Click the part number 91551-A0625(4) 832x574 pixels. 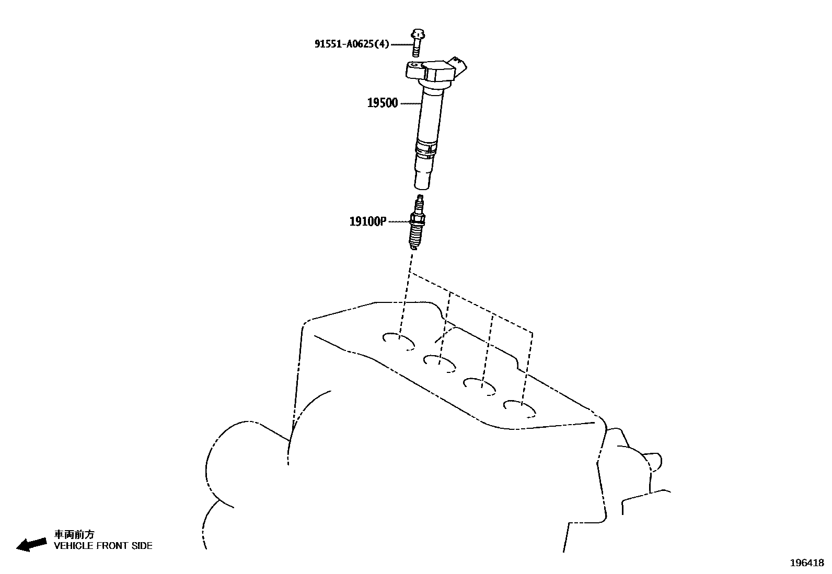[x=352, y=44]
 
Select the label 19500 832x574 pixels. [x=382, y=103]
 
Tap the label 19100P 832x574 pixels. [x=367, y=221]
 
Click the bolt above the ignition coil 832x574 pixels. [x=417, y=42]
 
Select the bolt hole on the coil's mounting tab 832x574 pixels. [x=414, y=66]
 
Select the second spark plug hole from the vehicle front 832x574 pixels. [x=439, y=362]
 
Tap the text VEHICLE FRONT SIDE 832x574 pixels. [x=103, y=546]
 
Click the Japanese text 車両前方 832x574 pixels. [x=74, y=534]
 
